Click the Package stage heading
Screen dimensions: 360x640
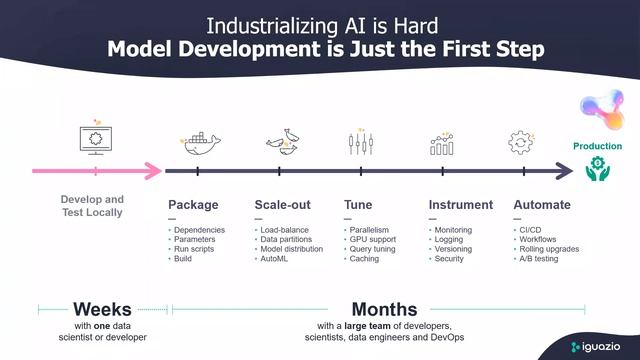[x=193, y=205]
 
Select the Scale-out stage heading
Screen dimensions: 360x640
[x=284, y=205]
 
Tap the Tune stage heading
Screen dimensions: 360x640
[x=358, y=205]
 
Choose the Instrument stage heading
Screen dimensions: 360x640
[x=460, y=205]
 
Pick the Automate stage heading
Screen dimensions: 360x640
[x=542, y=205]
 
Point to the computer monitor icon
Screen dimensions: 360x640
[x=93, y=140]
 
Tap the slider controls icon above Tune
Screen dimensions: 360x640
[x=360, y=142]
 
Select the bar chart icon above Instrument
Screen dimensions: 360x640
[x=442, y=144]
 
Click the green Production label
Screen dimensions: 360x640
[x=597, y=146]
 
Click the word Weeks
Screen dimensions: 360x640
[x=101, y=309]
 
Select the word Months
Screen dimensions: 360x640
[x=384, y=309]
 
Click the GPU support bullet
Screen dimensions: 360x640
[x=373, y=239]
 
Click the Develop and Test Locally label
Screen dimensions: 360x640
[x=92, y=205]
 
